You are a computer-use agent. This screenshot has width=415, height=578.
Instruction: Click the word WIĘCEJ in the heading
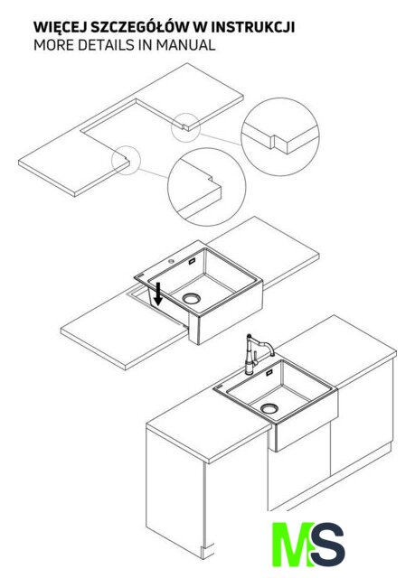click(60, 28)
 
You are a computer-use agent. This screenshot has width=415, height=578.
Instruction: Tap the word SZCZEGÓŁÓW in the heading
click(140, 28)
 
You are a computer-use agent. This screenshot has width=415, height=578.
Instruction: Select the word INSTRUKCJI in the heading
click(252, 28)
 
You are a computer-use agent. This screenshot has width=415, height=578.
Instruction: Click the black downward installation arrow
click(158, 294)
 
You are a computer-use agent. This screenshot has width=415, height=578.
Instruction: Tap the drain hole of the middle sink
click(192, 298)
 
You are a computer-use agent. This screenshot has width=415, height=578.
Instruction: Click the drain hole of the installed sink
click(269, 408)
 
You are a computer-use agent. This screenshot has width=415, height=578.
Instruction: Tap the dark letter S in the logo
click(326, 545)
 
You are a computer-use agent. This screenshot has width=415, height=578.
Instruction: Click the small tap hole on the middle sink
click(171, 261)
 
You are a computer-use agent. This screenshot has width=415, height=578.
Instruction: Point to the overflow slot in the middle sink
click(193, 262)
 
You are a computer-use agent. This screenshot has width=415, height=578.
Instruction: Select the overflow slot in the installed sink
click(269, 372)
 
